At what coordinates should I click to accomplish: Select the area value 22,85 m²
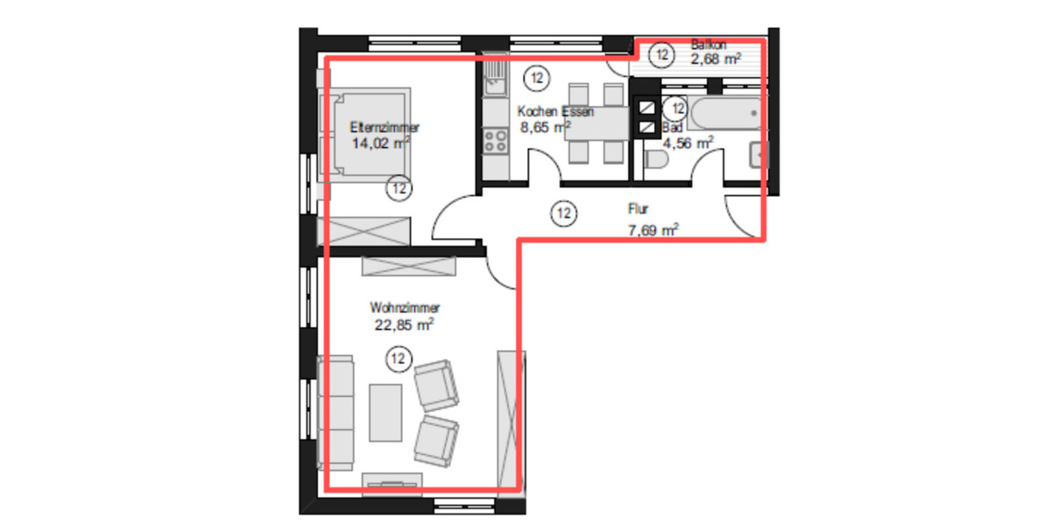404,325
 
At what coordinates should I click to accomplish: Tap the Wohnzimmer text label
404,308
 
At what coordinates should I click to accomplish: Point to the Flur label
637,210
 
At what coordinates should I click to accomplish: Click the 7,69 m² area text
653,230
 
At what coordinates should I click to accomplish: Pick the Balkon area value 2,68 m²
716,59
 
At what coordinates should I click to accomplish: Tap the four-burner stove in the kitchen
495,140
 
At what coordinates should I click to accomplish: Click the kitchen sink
495,77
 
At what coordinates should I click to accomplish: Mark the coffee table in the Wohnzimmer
385,411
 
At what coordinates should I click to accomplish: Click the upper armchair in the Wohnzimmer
436,387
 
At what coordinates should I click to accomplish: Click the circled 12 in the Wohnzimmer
399,357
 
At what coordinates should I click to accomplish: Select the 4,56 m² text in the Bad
687,143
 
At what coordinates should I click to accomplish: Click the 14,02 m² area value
380,143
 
